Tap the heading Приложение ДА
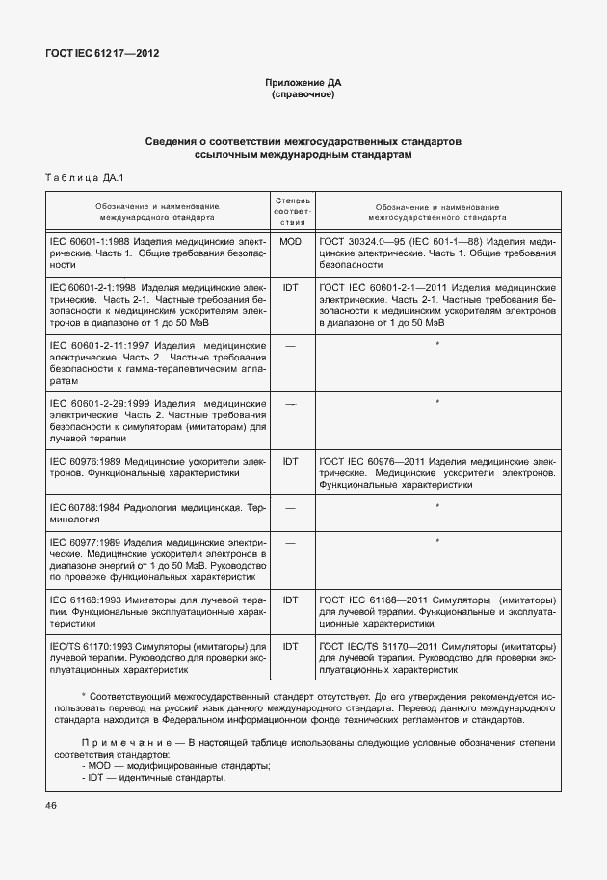point(303,84)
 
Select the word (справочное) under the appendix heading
point(303,96)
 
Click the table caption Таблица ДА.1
point(78,177)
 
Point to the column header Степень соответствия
point(290,209)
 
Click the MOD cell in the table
point(290,241)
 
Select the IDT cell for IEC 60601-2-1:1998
point(290,287)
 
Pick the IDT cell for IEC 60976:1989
point(290,461)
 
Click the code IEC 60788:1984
point(92,507)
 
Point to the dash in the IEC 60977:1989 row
point(290,542)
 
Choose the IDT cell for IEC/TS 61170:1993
point(290,645)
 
